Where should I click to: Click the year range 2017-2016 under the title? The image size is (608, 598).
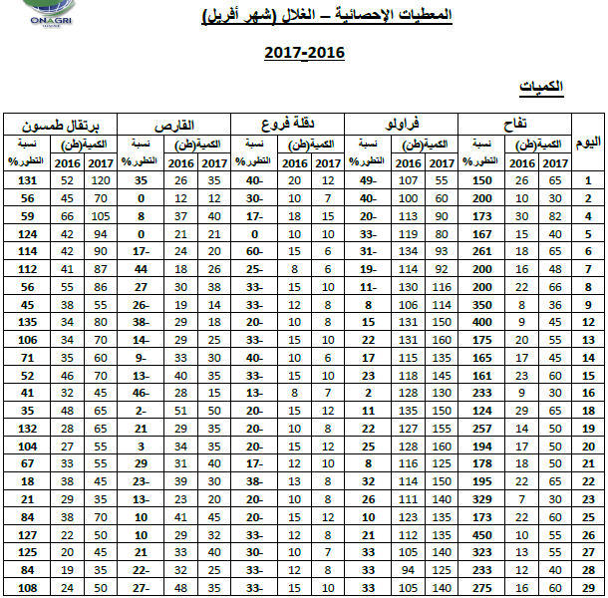coord(304,52)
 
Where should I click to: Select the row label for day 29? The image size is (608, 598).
coord(588,589)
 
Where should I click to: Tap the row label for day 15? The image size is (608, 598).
coord(588,375)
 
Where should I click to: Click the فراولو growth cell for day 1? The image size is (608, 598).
coord(368,180)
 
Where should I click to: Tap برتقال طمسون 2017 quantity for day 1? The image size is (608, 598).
coord(100,180)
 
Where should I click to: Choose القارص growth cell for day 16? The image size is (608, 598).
coord(141,393)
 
